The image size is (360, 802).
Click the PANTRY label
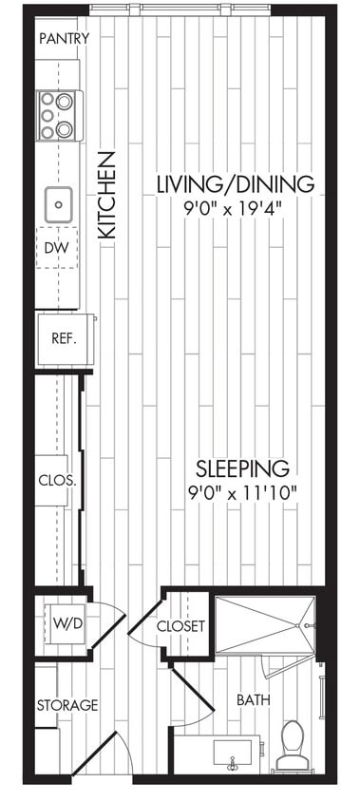[65, 39]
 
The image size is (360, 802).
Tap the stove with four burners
[59, 115]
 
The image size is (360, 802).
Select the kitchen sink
[59, 202]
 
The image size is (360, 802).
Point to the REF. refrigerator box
[64, 338]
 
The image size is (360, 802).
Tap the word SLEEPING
[241, 468]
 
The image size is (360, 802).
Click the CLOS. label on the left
[52, 480]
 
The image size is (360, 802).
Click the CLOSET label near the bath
[181, 626]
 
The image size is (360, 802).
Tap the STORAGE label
[66, 705]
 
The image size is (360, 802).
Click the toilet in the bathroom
[292, 743]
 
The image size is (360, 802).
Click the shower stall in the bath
[263, 624]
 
